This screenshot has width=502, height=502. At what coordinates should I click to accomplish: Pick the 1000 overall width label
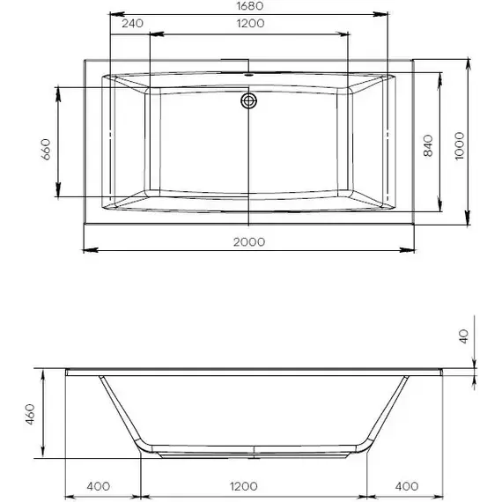pyautogui.click(x=457, y=140)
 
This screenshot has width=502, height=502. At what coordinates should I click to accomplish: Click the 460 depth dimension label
pyautogui.click(x=29, y=413)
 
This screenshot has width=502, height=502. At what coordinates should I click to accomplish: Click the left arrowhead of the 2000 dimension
pyautogui.click(x=87, y=250)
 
